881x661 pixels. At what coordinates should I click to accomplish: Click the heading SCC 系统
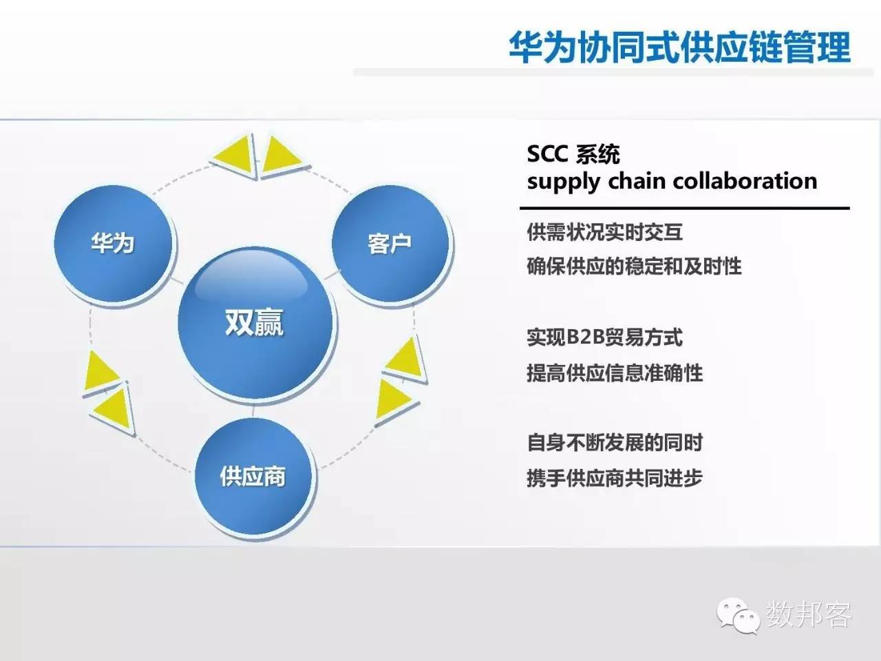tap(573, 154)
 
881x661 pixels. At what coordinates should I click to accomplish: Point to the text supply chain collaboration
tap(671, 181)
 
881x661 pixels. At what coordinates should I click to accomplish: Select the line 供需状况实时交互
tap(604, 232)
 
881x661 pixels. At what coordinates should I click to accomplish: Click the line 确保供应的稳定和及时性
tap(633, 266)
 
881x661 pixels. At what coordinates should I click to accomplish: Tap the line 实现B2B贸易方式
tap(604, 337)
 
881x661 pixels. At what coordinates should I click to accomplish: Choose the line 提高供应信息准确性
tap(614, 373)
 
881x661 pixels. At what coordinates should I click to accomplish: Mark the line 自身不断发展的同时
tap(614, 442)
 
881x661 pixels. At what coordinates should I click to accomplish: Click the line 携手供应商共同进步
tap(614, 477)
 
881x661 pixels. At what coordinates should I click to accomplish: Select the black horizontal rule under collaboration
tap(684, 207)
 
